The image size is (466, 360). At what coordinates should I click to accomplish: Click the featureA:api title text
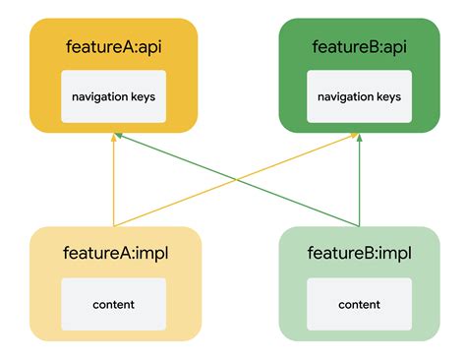pyautogui.click(x=113, y=47)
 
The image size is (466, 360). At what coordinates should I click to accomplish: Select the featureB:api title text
pyautogui.click(x=361, y=47)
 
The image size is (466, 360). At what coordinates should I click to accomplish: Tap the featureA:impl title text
pyautogui.click(x=113, y=255)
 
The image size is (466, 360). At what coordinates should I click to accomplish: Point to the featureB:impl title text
pyautogui.click(x=361, y=255)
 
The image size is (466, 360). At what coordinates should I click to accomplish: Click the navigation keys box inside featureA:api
pyautogui.click(x=113, y=96)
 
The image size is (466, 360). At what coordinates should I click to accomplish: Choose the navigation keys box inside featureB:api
pyautogui.click(x=361, y=96)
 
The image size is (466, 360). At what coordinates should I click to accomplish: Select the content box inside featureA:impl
pyautogui.click(x=113, y=304)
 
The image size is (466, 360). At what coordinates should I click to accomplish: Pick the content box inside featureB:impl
pyautogui.click(x=360, y=304)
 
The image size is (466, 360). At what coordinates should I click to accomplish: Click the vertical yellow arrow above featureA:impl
pyautogui.click(x=114, y=182)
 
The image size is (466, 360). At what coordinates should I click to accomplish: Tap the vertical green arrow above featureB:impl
pyautogui.click(x=360, y=182)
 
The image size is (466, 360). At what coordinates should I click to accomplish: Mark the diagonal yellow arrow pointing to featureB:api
pyautogui.click(x=295, y=159)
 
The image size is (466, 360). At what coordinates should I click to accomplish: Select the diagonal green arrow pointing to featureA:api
pyautogui.click(x=177, y=157)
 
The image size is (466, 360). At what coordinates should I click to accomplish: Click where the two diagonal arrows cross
pyautogui.click(x=237, y=180)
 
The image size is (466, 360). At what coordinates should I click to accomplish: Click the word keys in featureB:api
pyautogui.click(x=388, y=97)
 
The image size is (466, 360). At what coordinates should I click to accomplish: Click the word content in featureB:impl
pyautogui.click(x=360, y=305)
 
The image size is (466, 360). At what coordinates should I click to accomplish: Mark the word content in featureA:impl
pyautogui.click(x=113, y=305)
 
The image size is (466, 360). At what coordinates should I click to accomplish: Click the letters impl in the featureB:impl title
pyautogui.click(x=393, y=255)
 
